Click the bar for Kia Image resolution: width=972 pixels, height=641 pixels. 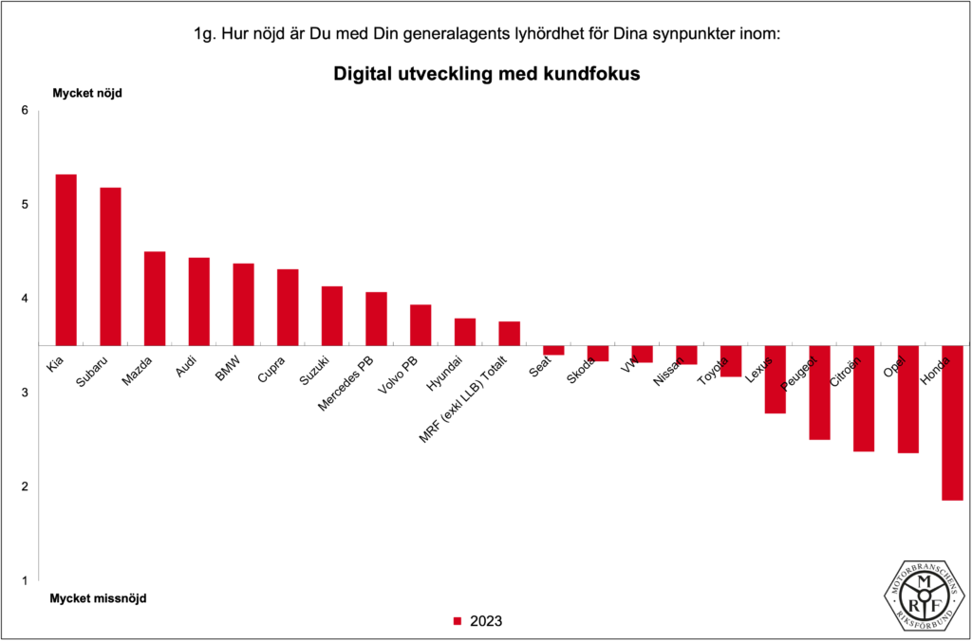65,260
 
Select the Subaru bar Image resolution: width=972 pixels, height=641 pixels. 110,266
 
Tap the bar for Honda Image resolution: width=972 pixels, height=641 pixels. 952,422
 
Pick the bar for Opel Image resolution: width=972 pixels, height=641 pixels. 907,398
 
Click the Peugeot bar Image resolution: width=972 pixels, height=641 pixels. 819,392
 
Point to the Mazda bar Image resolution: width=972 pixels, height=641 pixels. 155,298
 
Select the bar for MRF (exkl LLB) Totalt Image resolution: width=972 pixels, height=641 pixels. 509,333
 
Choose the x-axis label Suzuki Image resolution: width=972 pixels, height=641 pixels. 313,371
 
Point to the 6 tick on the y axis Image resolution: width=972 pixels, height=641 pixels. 26,111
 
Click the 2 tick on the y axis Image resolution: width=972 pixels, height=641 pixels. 26,486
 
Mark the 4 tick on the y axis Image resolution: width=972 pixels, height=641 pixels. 26,299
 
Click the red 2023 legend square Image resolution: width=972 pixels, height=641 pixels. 457,622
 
